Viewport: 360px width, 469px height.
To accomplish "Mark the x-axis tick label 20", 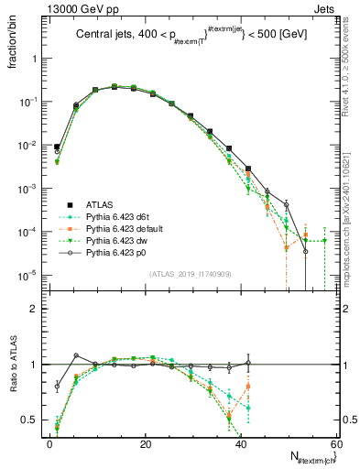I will pos(146,443).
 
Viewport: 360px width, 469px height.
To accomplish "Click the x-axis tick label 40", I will pos(241,443).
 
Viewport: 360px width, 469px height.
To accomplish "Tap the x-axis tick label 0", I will pos(50,443).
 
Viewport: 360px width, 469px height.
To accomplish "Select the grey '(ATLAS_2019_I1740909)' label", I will pos(190,274).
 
